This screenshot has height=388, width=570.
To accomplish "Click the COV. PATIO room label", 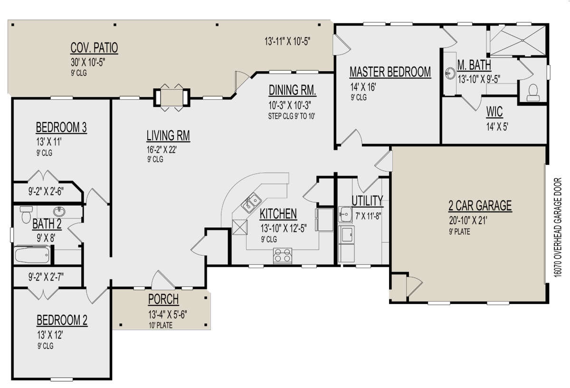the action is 94,48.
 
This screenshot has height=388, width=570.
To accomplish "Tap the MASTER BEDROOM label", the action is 390,72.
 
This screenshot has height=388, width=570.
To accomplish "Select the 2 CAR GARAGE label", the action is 480,206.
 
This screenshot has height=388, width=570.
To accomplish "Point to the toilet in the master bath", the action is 533,93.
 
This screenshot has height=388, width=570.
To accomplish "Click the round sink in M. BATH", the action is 450,73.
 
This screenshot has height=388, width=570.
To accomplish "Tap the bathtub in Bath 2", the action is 32,255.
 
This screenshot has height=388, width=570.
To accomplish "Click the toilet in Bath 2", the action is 26,215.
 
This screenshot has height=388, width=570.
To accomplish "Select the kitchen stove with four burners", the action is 283,256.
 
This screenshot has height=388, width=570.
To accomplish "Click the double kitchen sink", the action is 251,203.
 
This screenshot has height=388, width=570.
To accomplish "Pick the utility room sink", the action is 345,214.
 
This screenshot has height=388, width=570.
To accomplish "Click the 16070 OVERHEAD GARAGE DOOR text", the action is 558,227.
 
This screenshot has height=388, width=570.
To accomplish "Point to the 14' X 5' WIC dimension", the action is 497,126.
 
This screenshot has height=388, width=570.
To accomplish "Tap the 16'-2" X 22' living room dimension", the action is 161,150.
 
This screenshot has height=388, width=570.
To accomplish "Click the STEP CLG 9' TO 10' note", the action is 292,116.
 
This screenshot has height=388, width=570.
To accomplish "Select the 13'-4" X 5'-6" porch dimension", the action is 167,315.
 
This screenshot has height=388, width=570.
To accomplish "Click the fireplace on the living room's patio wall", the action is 172,97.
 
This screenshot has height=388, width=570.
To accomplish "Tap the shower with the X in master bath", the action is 518,40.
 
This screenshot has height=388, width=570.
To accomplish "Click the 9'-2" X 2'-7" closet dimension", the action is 46,276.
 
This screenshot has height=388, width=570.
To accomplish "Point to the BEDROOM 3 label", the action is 61,127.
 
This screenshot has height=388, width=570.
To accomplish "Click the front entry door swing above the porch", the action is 163,279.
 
